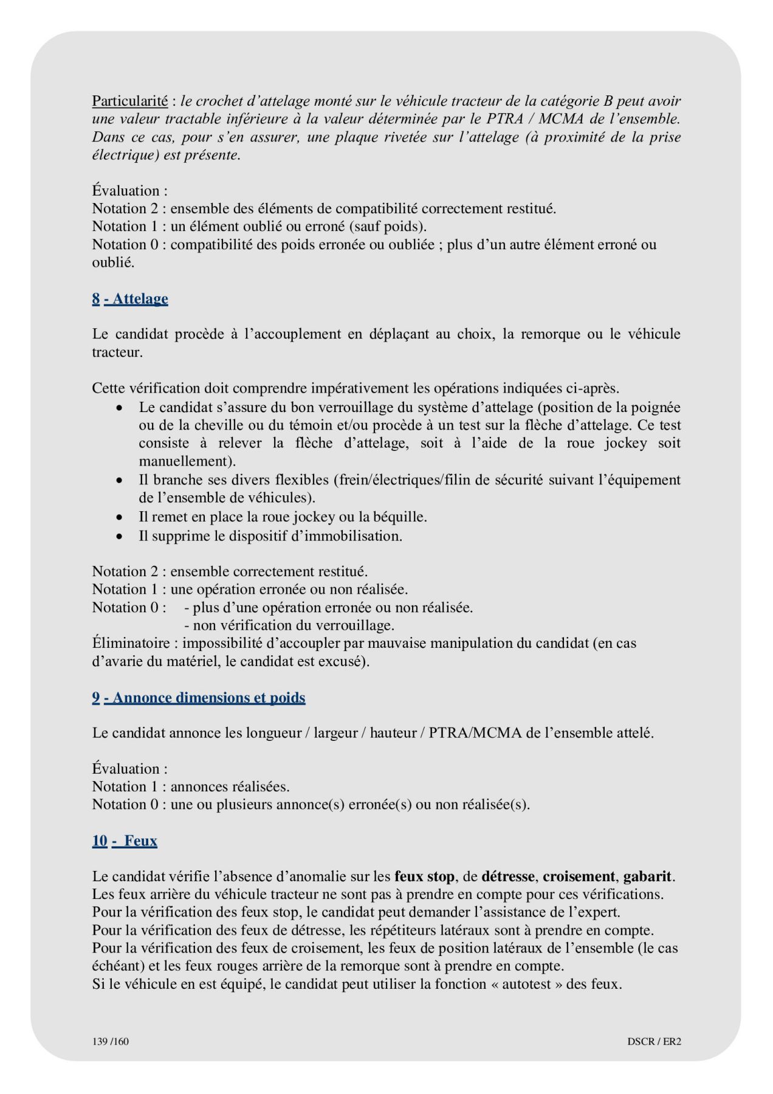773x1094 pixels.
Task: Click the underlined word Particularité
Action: (x=129, y=101)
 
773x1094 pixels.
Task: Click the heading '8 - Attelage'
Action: (x=130, y=298)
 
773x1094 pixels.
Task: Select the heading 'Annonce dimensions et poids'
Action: (x=208, y=697)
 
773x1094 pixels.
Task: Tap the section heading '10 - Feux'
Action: (x=125, y=841)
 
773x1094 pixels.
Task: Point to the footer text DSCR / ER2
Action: (x=654, y=1041)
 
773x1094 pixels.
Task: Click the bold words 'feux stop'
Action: (x=424, y=876)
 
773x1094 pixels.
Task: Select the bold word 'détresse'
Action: (x=508, y=876)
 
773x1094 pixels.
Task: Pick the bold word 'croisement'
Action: (x=579, y=876)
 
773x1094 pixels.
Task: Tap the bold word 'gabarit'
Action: (x=647, y=876)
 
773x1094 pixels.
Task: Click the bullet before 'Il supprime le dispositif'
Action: (x=121, y=536)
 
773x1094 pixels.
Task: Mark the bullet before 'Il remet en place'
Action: (x=121, y=517)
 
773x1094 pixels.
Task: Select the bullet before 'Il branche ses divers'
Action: (x=121, y=480)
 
